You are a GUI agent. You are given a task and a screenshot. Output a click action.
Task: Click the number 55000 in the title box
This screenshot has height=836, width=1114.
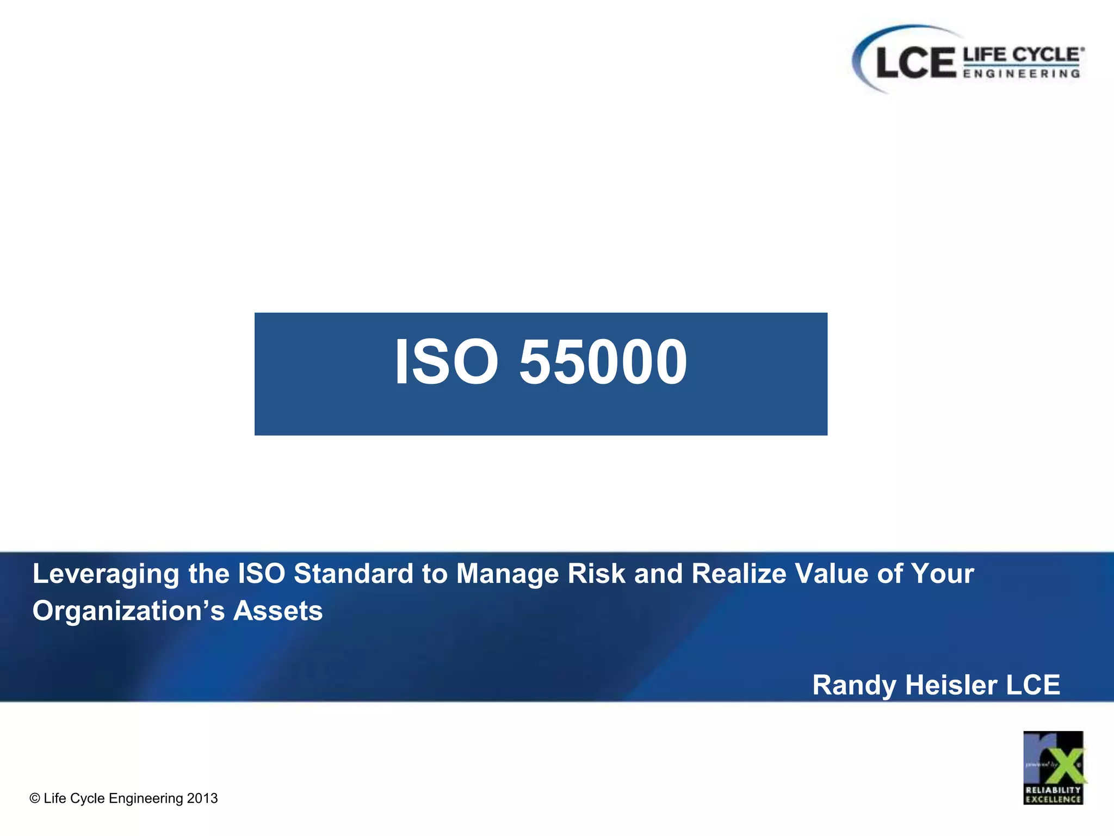[x=603, y=362]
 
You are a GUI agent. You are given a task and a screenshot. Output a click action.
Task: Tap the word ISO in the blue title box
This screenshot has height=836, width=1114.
[x=446, y=362]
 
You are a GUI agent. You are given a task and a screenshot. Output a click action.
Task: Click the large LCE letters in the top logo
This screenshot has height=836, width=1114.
[x=916, y=63]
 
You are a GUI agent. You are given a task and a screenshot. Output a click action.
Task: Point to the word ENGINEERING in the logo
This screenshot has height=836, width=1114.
[x=1022, y=73]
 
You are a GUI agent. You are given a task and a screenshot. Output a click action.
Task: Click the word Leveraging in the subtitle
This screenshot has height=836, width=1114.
[x=106, y=574]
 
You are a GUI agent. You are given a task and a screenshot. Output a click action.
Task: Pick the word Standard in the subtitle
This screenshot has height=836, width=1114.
[x=354, y=574]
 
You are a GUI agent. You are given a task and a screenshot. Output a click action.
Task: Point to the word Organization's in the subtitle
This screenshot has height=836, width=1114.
[x=128, y=611]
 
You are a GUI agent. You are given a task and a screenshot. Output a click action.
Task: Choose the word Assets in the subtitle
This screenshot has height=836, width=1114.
[x=278, y=611]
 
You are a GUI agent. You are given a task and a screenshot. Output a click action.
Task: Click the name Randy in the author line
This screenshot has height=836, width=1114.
[x=854, y=685]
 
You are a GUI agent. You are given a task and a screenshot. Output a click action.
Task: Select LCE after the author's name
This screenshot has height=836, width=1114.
[x=1033, y=685]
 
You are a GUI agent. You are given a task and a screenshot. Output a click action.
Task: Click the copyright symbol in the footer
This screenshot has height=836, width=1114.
[x=35, y=798]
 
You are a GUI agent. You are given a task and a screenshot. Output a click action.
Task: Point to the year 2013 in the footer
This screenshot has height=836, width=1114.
[x=202, y=798]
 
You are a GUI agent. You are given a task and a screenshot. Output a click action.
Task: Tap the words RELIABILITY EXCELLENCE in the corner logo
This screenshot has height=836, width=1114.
[x=1053, y=795]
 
